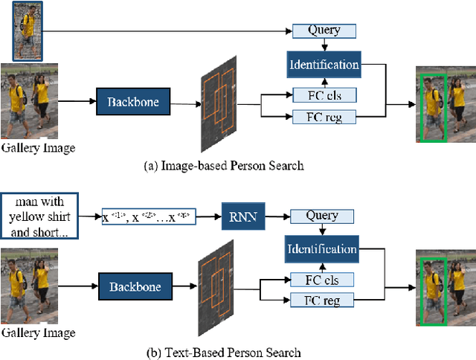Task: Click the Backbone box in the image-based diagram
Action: pyautogui.click(x=133, y=101)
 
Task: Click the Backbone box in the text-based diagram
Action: pyautogui.click(x=135, y=286)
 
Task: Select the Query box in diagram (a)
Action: pyautogui.click(x=323, y=30)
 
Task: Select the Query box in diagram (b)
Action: pyautogui.click(x=322, y=216)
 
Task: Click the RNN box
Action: pyautogui.click(x=242, y=216)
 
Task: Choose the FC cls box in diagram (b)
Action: pyautogui.click(x=322, y=280)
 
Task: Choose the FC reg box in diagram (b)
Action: pyautogui.click(x=322, y=300)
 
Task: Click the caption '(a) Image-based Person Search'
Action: pyautogui.click(x=223, y=165)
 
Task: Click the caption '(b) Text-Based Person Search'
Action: pyautogui.click(x=223, y=351)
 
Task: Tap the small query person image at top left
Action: pyautogui.click(x=28, y=30)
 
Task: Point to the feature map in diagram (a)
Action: pyautogui.click(x=217, y=103)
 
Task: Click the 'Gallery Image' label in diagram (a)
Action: pyautogui.click(x=38, y=148)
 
